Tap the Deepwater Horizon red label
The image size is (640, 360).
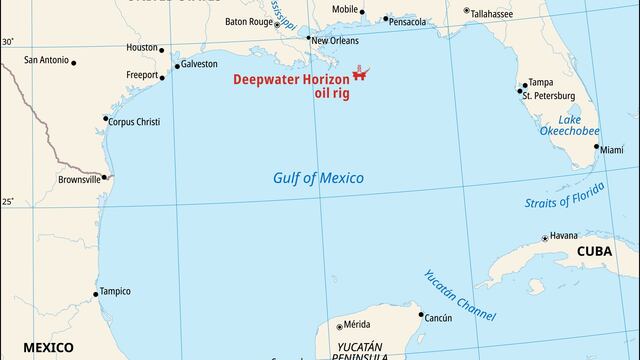(291, 79)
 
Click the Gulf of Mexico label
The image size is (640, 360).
(318, 178)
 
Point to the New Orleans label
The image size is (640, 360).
(335, 41)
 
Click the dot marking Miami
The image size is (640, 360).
(597, 147)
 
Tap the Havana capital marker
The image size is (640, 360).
(544, 238)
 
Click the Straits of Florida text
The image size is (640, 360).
(565, 196)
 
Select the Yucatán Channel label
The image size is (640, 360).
(458, 295)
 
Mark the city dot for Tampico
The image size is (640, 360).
(96, 294)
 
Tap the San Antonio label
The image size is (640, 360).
(47, 60)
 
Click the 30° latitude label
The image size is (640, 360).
(8, 42)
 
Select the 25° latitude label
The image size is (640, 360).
(8, 202)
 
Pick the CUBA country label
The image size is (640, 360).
(601, 253)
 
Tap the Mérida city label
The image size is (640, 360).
(357, 325)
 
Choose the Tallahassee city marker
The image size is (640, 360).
(466, 11)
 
